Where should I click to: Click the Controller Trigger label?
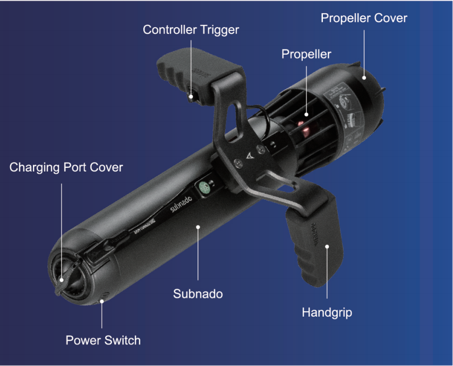pyautogui.click(x=191, y=29)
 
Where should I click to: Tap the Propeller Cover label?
pyautogui.click(x=364, y=18)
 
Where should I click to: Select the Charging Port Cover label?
pyautogui.click(x=66, y=168)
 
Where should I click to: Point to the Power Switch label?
pyautogui.click(x=103, y=340)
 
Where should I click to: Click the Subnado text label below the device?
pyautogui.click(x=198, y=293)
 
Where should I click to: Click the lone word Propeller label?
pyautogui.click(x=306, y=54)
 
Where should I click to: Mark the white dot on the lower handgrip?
pyautogui.click(x=327, y=246)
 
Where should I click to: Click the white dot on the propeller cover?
pyautogui.click(x=364, y=78)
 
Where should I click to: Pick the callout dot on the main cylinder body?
pyautogui.click(x=198, y=227)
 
